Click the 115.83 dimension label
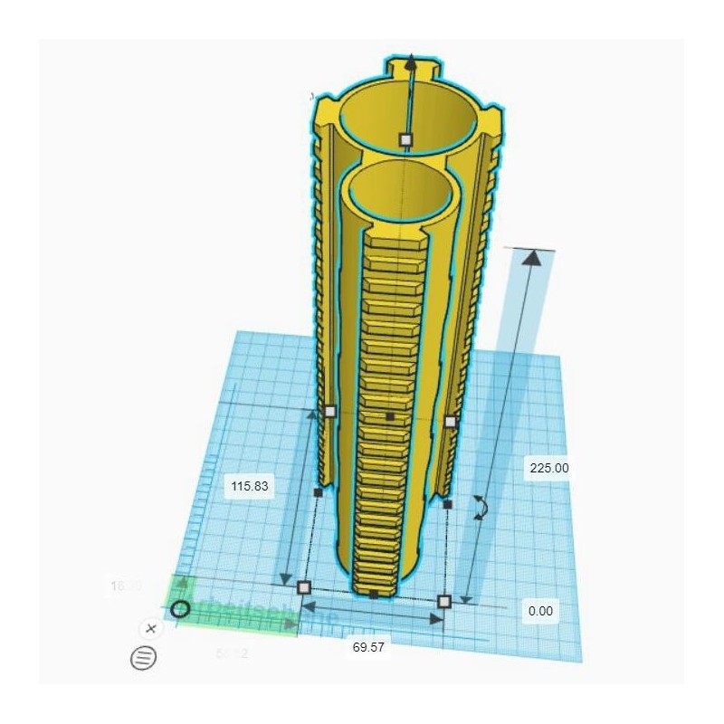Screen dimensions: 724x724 250,486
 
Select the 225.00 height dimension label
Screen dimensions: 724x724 547,468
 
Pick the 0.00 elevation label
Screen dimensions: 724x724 540,611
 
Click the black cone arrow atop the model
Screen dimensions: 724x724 412,62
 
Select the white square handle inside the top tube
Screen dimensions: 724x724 406,139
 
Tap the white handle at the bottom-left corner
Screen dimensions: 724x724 303,586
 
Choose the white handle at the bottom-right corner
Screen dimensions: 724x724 443,601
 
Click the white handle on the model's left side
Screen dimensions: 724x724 329,411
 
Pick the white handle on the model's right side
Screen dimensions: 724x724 450,422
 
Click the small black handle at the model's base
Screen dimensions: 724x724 374,595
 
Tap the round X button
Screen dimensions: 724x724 151,628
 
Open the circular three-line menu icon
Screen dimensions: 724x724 144,658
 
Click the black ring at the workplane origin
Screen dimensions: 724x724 180,608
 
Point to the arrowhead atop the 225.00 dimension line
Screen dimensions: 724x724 533,258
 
